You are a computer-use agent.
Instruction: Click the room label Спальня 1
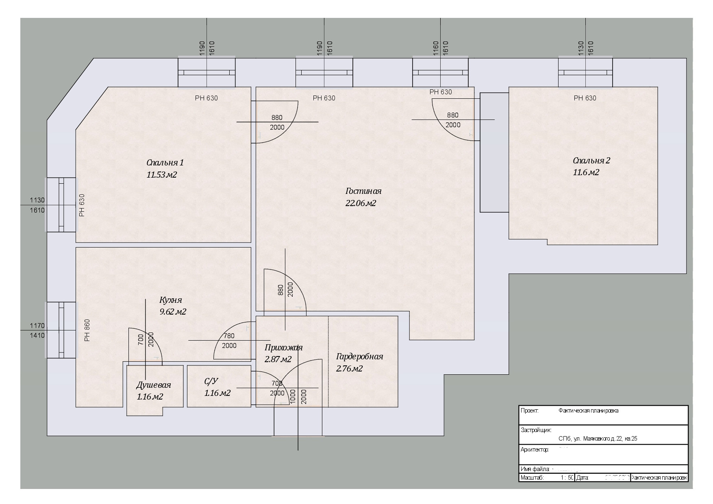click(165, 163)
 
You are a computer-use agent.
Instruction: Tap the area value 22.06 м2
click(361, 203)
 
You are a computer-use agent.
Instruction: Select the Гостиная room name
click(363, 191)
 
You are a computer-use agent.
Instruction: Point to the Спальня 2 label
click(591, 161)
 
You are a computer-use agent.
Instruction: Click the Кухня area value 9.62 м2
click(173, 312)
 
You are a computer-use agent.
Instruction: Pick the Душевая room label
click(153, 385)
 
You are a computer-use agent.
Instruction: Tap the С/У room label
click(211, 381)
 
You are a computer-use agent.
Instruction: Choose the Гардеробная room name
click(359, 357)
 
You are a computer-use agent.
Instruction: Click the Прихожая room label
click(283, 348)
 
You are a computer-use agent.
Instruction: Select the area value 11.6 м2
click(586, 172)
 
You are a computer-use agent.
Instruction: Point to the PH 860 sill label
click(87, 330)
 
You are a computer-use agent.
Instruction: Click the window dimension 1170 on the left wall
click(37, 326)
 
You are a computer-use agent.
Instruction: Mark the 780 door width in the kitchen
click(229, 336)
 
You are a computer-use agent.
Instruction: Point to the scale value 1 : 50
click(567, 478)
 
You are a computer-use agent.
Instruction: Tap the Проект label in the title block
click(529, 411)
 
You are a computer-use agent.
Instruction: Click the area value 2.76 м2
click(349, 369)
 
